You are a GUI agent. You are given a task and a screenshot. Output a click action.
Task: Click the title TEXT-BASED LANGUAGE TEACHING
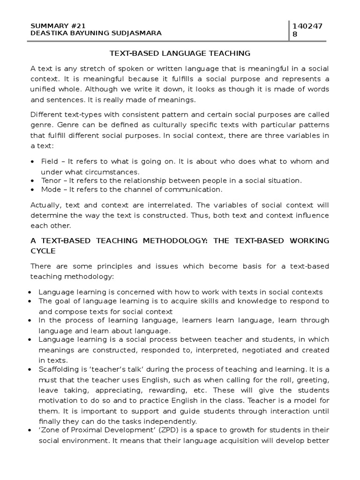pos(180,53)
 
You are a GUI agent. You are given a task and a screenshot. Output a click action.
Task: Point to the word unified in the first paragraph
pos(44,89)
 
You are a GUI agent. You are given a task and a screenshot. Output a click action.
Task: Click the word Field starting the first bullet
pos(50,161)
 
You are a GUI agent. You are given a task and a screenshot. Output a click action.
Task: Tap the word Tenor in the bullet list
pos(51,180)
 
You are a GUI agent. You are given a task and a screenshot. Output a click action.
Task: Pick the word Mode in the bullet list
pos(51,190)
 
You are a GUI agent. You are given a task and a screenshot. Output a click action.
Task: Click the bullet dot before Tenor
pos(32,180)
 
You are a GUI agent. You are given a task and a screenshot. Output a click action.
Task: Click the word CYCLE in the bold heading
pos(43,251)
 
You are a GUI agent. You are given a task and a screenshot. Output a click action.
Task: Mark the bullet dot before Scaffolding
pos(30,370)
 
